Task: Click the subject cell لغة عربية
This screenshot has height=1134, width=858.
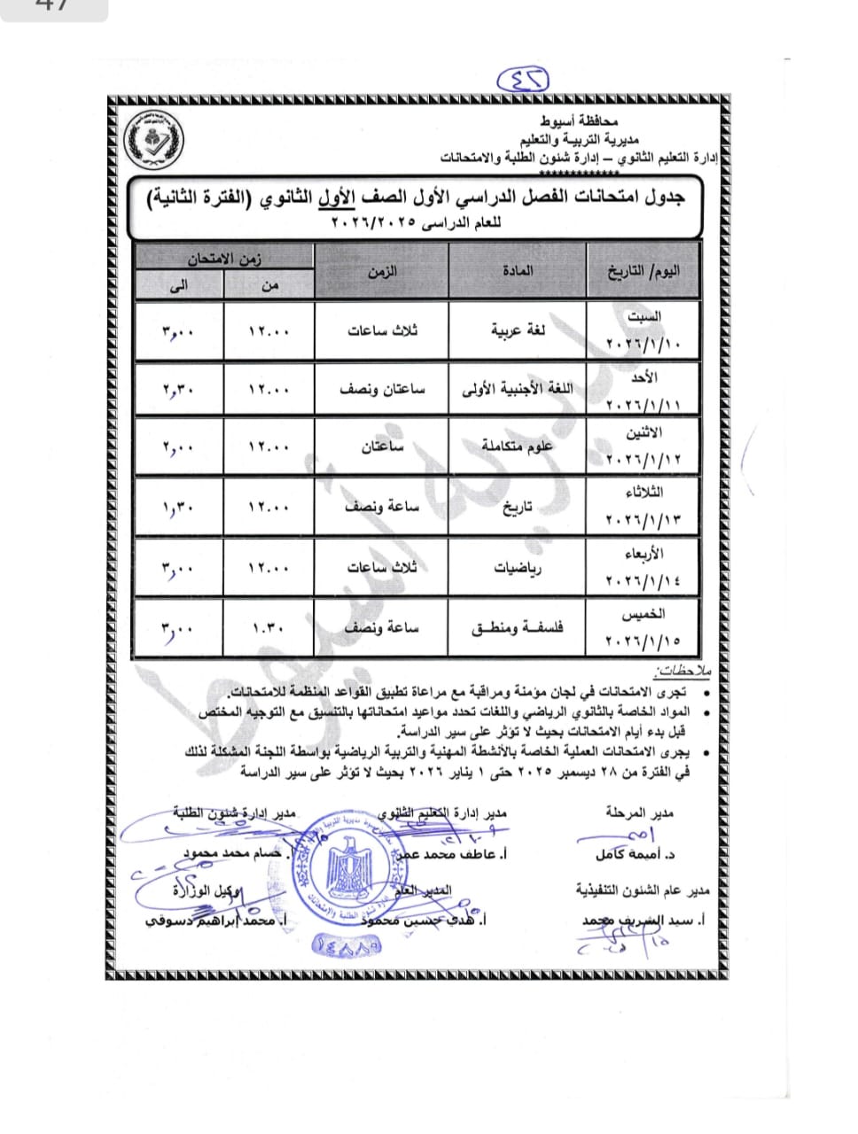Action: [x=519, y=330]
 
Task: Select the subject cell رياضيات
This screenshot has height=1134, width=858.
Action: [x=519, y=568]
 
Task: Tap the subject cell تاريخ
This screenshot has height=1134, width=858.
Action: [x=518, y=508]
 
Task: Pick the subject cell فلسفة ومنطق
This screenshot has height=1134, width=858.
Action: [x=518, y=628]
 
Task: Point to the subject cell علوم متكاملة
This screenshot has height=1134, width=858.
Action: [x=518, y=447]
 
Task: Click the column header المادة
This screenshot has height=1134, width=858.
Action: [x=518, y=271]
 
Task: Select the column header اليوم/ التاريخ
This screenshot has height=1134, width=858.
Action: [x=643, y=271]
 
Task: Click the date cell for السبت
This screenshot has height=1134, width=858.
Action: [x=643, y=330]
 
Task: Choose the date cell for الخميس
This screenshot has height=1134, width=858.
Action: [x=643, y=628]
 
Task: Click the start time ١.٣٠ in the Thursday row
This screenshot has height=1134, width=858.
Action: [x=269, y=628]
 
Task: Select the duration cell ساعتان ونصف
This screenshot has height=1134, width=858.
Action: [x=382, y=389]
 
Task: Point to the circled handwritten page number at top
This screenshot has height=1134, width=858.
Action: [x=524, y=80]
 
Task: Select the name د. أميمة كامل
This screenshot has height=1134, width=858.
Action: [x=636, y=855]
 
